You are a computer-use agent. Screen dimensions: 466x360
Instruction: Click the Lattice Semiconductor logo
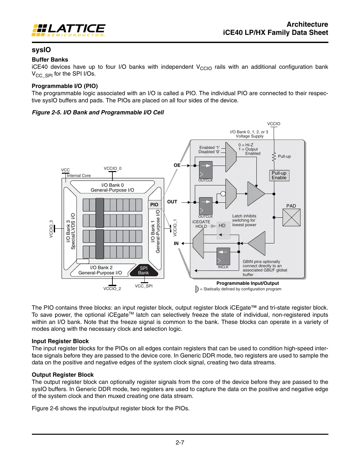point(68,30)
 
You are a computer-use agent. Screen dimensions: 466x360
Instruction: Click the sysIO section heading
point(41,50)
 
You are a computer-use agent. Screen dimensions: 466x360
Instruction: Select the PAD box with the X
point(291,217)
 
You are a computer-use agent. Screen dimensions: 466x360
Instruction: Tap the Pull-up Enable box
point(279,175)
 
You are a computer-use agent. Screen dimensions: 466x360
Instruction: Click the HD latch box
point(222,226)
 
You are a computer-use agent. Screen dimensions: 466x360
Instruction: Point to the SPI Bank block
point(144,270)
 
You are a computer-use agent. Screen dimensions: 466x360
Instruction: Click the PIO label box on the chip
point(154,205)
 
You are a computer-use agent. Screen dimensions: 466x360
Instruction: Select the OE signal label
point(177,165)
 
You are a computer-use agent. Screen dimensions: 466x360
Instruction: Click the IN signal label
point(176,243)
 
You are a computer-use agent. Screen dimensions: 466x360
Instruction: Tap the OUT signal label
point(172,202)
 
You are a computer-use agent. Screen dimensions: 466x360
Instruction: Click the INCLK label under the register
point(223,267)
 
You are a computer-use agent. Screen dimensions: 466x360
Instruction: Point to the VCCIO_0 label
point(112,168)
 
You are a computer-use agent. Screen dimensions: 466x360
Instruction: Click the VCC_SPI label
point(144,286)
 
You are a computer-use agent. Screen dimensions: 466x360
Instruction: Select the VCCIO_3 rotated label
point(51,229)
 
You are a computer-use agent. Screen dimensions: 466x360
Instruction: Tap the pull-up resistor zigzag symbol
point(274,157)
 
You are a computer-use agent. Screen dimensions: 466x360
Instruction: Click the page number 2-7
point(180,443)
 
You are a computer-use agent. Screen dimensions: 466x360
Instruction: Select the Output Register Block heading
point(63,375)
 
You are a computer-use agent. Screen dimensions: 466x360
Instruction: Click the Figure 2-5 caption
point(98,112)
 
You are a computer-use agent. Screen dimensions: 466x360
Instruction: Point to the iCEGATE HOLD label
point(201,224)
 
